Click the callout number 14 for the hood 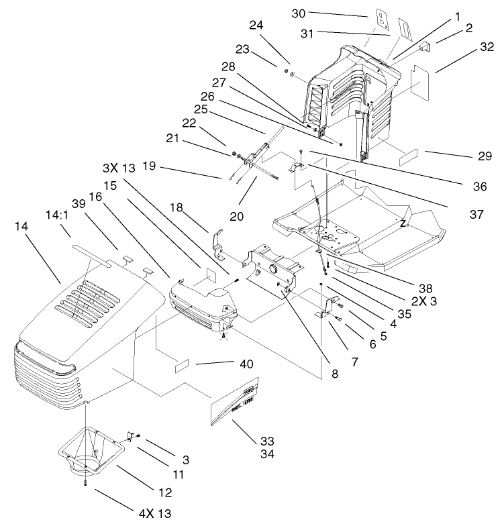21,227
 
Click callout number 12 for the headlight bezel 164,492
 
